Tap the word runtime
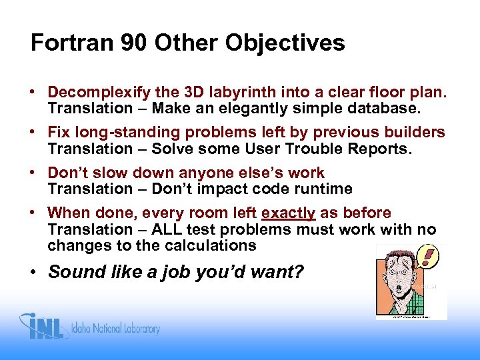coord(325,189)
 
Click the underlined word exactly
coord(289,213)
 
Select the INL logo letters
coord(49,327)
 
